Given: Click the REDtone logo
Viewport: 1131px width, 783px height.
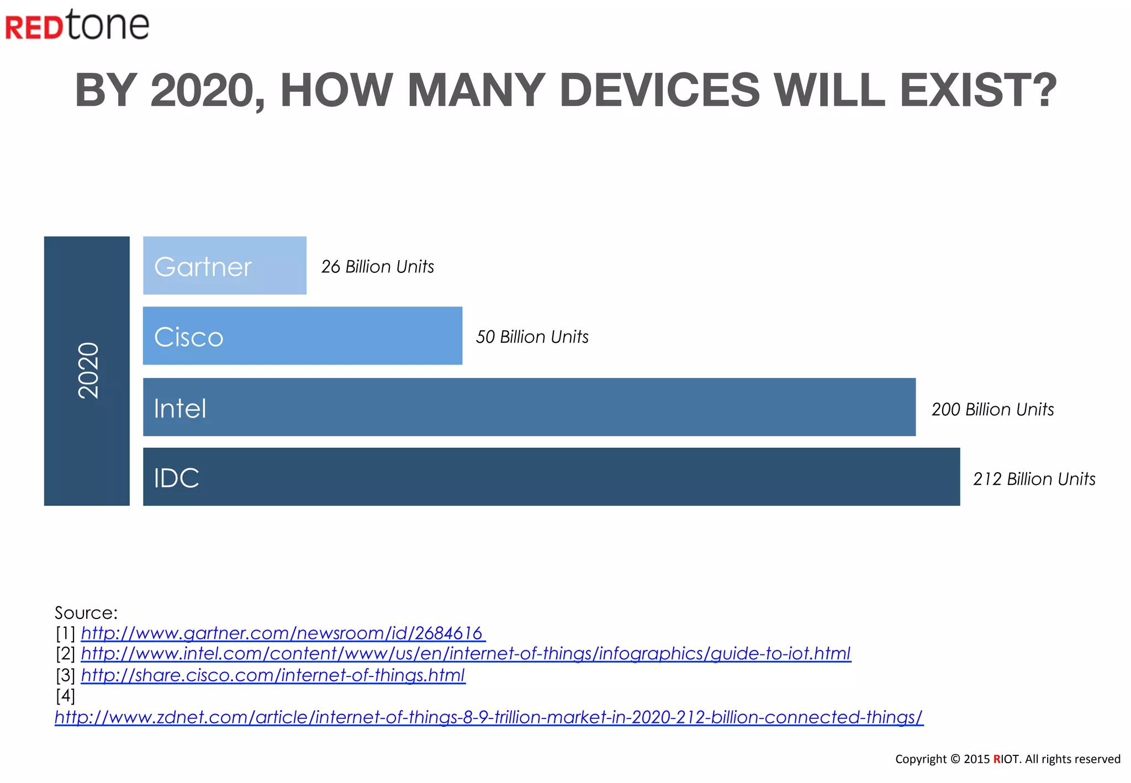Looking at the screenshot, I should [77, 25].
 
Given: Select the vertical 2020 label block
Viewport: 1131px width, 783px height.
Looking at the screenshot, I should [87, 371].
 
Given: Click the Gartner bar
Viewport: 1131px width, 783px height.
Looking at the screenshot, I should [224, 266].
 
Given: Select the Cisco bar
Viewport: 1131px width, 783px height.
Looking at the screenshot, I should [302, 336].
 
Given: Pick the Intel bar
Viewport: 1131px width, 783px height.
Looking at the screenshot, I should [528, 407].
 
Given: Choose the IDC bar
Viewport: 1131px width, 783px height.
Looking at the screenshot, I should [551, 477].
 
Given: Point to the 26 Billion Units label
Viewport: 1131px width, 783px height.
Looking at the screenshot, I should [378, 267].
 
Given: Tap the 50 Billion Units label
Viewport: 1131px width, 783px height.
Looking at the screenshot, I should [532, 337].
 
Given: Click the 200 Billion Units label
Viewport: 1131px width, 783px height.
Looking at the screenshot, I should [992, 409].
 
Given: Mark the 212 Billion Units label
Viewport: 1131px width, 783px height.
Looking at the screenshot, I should [1034, 479].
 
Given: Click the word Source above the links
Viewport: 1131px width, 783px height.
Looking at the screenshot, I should [86, 612].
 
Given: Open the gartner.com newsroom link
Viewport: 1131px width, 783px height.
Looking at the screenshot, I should [282, 633].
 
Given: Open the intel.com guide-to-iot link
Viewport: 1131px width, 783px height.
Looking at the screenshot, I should [466, 654].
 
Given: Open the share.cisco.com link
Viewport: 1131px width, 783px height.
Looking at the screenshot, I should [273, 675].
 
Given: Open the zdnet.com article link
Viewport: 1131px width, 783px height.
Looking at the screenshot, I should [489, 717].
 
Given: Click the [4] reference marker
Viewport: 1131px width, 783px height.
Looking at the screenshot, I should [65, 696].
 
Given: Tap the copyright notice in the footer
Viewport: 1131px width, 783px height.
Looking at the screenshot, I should [1007, 759].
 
